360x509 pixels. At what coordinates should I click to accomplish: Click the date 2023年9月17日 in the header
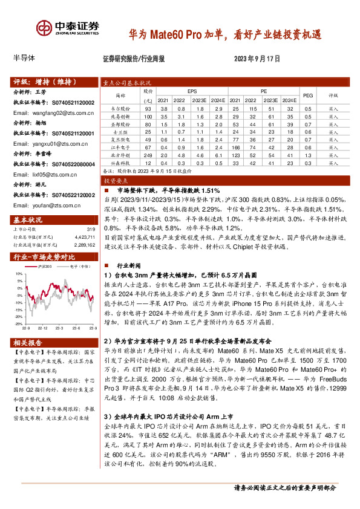click(x=257, y=59)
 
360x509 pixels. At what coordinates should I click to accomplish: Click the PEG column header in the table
click(x=308, y=95)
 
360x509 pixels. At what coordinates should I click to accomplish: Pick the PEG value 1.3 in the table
click(x=308, y=155)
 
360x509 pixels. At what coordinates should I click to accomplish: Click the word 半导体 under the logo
click(x=25, y=59)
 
